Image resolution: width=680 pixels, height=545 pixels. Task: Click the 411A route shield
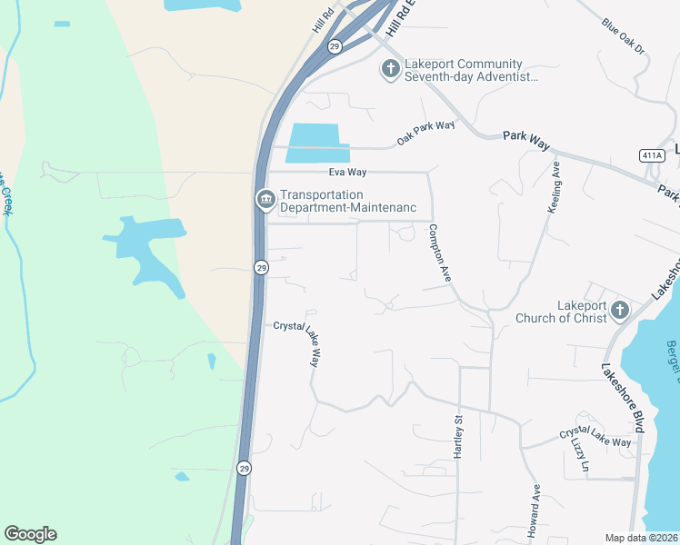(x=652, y=155)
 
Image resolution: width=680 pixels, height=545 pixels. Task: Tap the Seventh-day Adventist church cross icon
(x=390, y=70)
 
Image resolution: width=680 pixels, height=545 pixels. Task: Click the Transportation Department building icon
(x=265, y=200)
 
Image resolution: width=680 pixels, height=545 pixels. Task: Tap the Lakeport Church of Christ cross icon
(x=619, y=311)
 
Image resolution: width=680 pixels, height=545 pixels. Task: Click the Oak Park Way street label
(x=425, y=133)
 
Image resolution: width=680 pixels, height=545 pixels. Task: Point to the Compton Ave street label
(x=440, y=253)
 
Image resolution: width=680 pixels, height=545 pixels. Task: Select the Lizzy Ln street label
(x=578, y=455)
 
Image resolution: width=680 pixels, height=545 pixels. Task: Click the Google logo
(x=30, y=534)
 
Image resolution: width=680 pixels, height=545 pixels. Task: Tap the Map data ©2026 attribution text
(x=642, y=538)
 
